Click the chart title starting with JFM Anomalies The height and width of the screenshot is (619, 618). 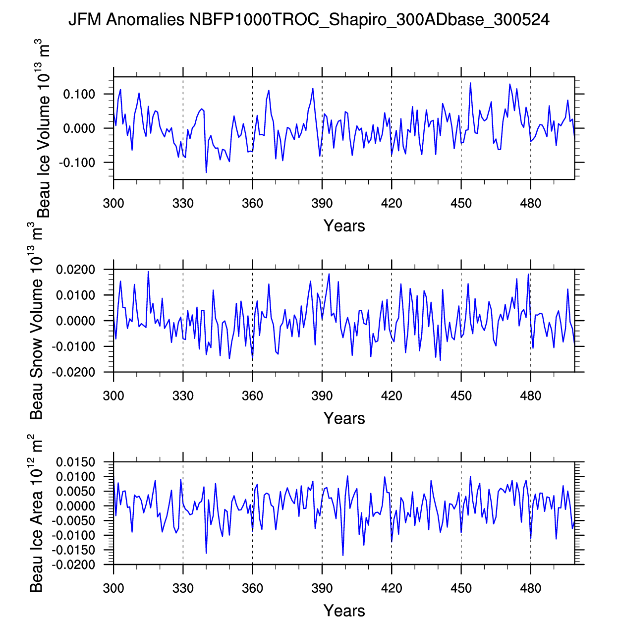tap(308, 20)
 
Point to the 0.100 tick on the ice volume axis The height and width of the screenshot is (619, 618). tap(79, 94)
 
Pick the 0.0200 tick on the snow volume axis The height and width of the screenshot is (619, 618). tap(75, 270)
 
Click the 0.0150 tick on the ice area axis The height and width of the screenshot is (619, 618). tap(75, 462)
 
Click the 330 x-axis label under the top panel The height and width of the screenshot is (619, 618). tap(183, 203)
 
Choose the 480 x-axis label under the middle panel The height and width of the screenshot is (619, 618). tap(530, 396)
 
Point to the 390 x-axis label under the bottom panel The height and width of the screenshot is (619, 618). tap(322, 588)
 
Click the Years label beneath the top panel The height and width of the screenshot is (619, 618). tap(344, 226)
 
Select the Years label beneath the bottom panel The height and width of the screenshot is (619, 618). tap(344, 611)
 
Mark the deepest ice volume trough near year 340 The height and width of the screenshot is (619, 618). tap(206, 172)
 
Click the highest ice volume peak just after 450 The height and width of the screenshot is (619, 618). tap(470, 83)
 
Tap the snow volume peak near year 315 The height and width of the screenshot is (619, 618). tap(148, 272)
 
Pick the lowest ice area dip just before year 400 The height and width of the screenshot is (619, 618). tap(343, 555)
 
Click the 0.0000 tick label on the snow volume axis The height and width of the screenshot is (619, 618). tap(75, 321)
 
